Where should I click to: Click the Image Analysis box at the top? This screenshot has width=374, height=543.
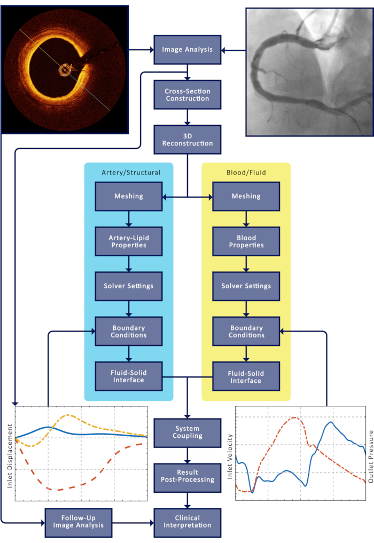(187, 50)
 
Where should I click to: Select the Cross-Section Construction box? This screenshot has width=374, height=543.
(187, 95)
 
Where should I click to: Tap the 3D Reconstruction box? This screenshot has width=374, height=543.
(187, 139)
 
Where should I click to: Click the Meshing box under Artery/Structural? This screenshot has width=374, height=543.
(128, 196)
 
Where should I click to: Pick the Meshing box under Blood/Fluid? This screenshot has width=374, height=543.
(246, 196)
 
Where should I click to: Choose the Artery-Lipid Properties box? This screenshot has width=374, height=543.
(128, 241)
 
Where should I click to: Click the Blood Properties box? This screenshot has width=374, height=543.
(246, 241)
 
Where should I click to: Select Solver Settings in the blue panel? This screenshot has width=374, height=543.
(128, 286)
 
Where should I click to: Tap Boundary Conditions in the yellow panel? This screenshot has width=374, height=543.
(246, 331)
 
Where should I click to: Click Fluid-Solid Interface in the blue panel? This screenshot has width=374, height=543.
(128, 376)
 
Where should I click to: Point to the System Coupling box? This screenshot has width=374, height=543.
(187, 432)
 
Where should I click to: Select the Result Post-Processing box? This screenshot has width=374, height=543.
(187, 476)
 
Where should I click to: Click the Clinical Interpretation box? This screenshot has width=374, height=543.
(187, 521)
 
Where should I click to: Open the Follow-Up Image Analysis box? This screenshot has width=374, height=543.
(79, 521)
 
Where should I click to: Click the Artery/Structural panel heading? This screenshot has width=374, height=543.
(130, 172)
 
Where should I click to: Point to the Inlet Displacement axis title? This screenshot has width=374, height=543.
(9, 452)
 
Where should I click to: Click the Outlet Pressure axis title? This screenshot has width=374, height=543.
(369, 452)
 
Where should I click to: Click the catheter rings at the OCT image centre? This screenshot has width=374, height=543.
(66, 69)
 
